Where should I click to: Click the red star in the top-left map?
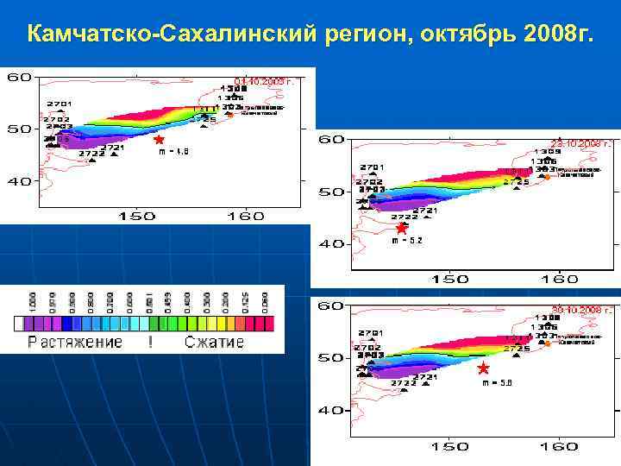(x=159, y=139)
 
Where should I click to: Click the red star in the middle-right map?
(x=401, y=229)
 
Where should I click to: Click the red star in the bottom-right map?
(x=483, y=368)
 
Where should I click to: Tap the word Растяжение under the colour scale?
(x=75, y=342)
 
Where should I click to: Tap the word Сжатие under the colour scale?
(x=215, y=342)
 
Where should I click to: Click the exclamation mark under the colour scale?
(x=151, y=342)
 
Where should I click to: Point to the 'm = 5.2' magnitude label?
(x=407, y=242)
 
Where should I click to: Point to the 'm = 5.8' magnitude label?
(x=497, y=382)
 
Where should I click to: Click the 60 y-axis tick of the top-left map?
(x=20, y=78)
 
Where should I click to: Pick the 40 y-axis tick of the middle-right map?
(x=331, y=243)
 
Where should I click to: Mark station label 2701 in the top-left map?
(x=59, y=104)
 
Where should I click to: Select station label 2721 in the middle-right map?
(x=424, y=211)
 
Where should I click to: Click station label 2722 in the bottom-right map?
(x=403, y=382)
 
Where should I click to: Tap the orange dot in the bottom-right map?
(x=546, y=343)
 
